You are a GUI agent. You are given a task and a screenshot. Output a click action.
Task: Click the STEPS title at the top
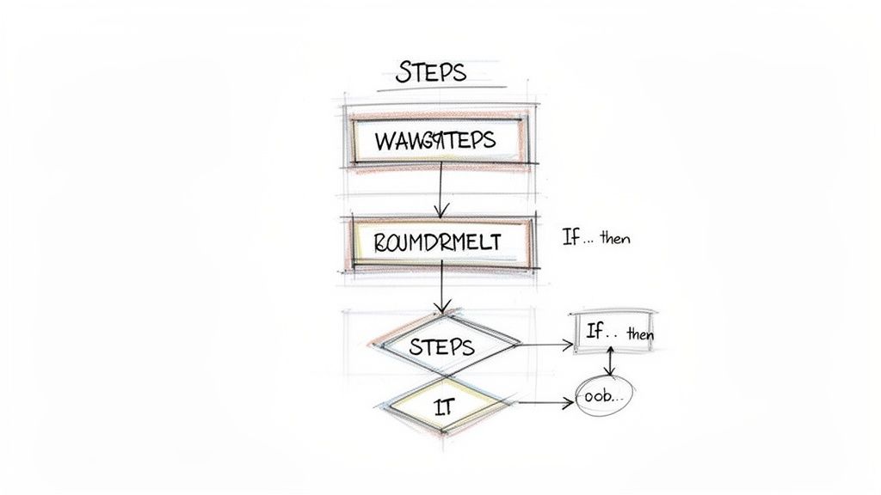(x=431, y=72)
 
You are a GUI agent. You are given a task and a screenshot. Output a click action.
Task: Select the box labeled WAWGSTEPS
(x=435, y=139)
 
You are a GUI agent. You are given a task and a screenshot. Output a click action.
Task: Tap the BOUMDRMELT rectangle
(x=437, y=242)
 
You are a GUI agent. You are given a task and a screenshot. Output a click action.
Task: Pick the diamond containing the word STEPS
(x=441, y=346)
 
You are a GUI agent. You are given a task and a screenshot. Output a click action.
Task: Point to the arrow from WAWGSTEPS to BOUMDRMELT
(x=440, y=189)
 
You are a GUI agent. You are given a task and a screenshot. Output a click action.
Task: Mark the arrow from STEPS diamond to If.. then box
(x=545, y=345)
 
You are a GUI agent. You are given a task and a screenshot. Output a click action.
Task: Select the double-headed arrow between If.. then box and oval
(x=610, y=362)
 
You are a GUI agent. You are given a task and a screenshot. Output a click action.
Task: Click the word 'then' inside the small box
(x=640, y=334)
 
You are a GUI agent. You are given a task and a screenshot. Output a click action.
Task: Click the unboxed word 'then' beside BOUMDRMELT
(x=615, y=239)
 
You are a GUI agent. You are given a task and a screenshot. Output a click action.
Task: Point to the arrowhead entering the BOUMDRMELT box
(x=440, y=211)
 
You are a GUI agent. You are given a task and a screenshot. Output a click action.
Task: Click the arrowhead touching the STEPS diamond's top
(x=442, y=309)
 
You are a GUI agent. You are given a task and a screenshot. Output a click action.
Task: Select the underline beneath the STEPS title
(x=430, y=89)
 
